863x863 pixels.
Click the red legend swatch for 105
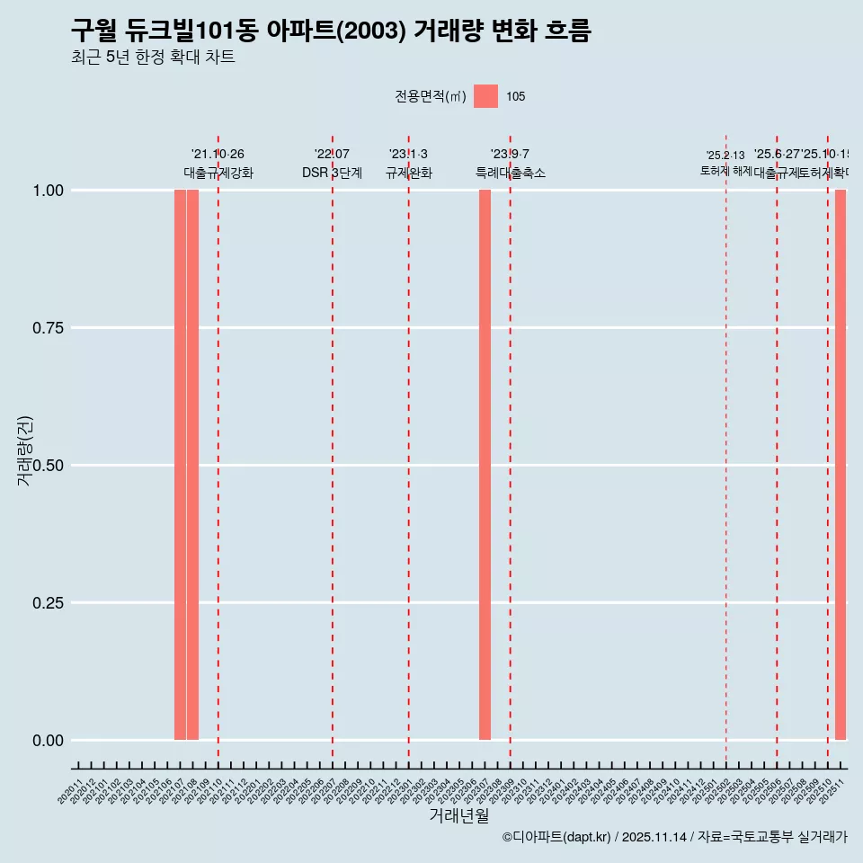click(485, 96)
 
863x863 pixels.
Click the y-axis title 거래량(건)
click(25, 451)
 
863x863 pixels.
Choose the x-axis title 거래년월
click(459, 816)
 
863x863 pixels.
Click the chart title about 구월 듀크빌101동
click(331, 31)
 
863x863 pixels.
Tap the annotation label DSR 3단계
click(332, 173)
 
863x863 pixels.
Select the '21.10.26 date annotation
click(218, 155)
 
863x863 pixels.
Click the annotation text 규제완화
click(409, 173)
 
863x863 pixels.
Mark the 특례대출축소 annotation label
click(511, 173)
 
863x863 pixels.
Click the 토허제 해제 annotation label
click(725, 171)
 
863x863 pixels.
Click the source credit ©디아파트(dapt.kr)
click(557, 838)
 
